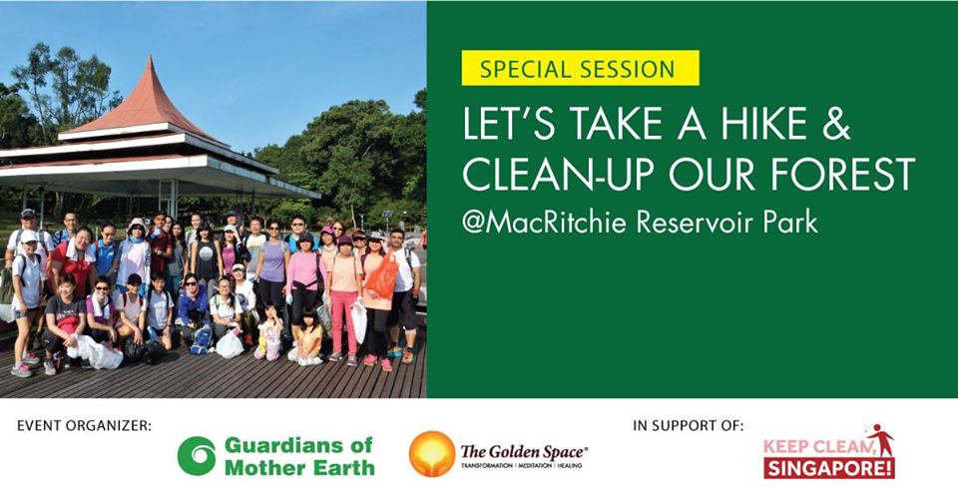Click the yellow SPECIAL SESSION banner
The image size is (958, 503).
pyautogui.click(x=580, y=68)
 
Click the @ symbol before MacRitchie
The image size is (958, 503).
pyautogui.click(x=474, y=224)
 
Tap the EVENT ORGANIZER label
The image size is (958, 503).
pyautogui.click(x=84, y=426)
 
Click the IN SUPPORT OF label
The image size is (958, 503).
pyautogui.click(x=689, y=426)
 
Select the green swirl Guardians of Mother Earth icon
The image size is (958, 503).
pyautogui.click(x=197, y=456)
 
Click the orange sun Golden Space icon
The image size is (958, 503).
pyautogui.click(x=432, y=453)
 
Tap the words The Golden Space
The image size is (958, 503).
pyautogui.click(x=523, y=452)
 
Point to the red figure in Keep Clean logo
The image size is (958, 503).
pyautogui.click(x=880, y=438)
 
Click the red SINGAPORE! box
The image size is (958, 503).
pyautogui.click(x=829, y=468)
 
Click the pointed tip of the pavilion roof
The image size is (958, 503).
pyautogui.click(x=150, y=58)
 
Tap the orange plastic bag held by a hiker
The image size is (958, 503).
pyautogui.click(x=383, y=276)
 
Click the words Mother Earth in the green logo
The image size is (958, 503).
pyautogui.click(x=299, y=468)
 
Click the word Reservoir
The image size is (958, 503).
pyautogui.click(x=694, y=222)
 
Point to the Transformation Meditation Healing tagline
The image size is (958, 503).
pyautogui.click(x=521, y=466)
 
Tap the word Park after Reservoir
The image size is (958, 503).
pyautogui.click(x=788, y=222)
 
